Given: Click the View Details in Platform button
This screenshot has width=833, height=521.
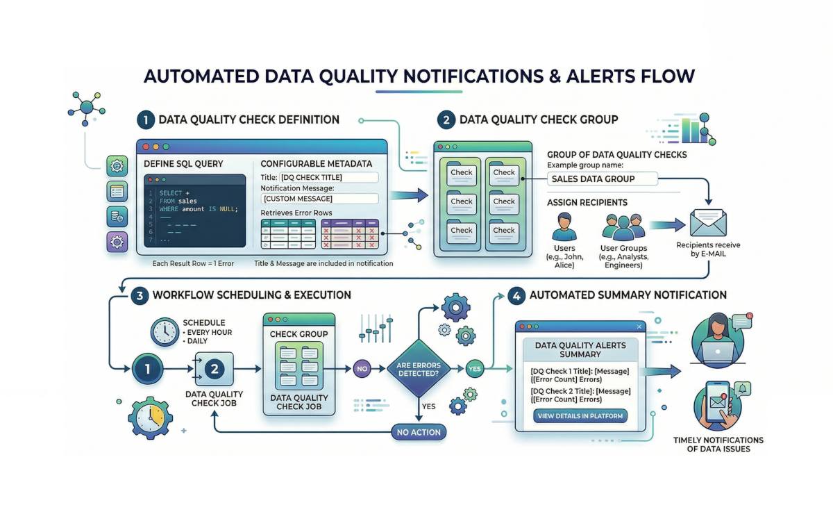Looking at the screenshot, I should click(580, 416).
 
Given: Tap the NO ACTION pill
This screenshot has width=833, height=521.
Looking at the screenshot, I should click(419, 432).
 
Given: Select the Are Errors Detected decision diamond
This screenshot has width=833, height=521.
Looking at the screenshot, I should click(418, 369).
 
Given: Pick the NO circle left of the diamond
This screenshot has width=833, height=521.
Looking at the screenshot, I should click(361, 369).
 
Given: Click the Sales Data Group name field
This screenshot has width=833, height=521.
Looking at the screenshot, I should click(602, 179).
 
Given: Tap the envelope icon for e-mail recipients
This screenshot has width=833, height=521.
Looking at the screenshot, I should click(707, 224).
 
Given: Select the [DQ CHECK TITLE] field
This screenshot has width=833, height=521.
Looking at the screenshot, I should click(328, 177).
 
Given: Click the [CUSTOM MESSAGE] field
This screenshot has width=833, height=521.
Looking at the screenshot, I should click(320, 199).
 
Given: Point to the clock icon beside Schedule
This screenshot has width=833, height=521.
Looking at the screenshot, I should click(165, 332).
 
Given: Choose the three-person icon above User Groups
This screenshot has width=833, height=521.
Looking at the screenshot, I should click(623, 226).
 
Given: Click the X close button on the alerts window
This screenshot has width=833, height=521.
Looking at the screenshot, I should click(639, 326).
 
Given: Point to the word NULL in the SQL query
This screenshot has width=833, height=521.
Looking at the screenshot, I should click(226, 209).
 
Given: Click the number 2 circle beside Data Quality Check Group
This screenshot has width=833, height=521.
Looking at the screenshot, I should click(446, 119).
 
